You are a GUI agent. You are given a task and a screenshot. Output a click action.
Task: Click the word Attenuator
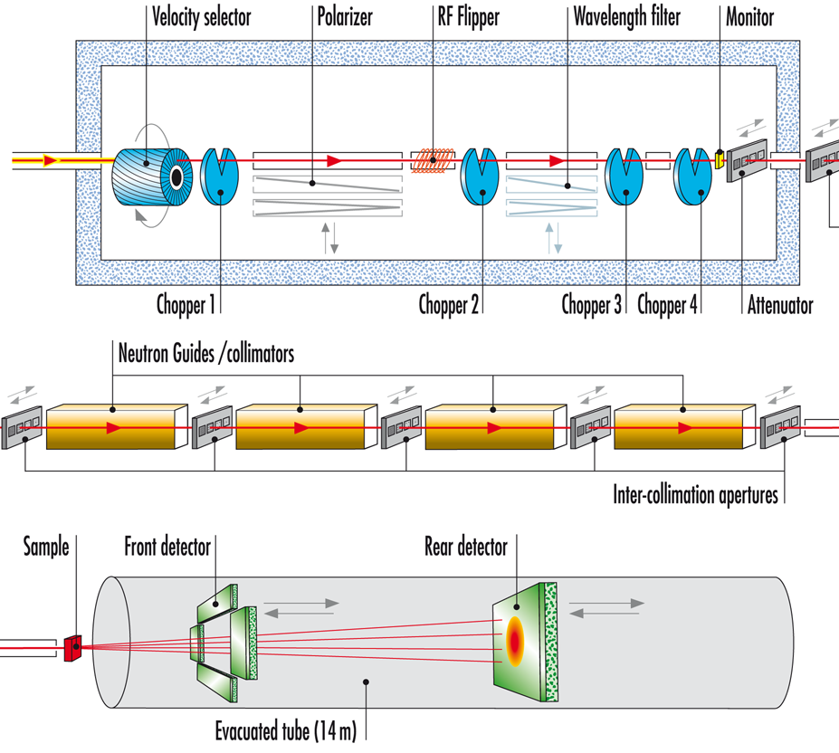(780, 304)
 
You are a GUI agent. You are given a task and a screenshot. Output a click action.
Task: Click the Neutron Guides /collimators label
(206, 354)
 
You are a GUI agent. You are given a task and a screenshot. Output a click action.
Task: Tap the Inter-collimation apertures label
(695, 495)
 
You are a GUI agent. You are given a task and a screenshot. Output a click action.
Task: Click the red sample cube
(73, 647)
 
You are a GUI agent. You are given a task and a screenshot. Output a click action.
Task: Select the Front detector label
(168, 547)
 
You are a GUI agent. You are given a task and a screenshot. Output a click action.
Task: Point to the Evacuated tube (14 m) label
(290, 729)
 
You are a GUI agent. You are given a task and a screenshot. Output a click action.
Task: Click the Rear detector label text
(466, 547)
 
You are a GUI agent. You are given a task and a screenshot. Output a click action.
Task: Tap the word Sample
(46, 547)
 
